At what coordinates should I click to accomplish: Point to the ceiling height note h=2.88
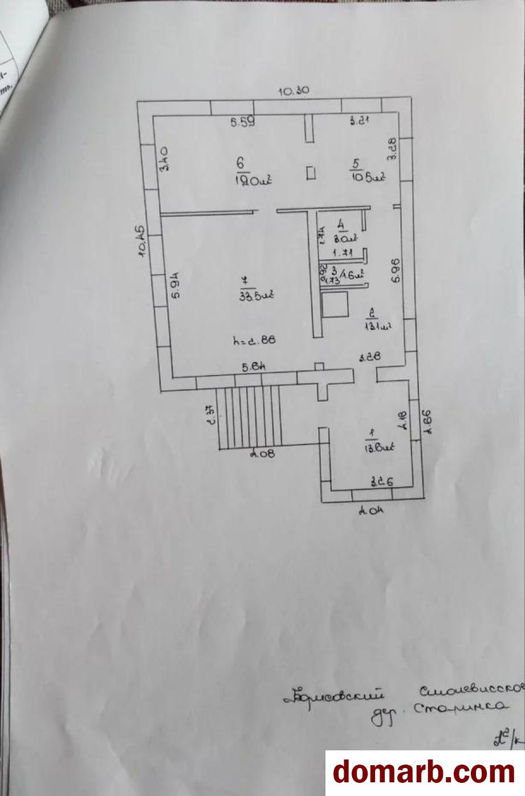tap(255, 341)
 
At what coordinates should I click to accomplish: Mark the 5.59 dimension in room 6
tap(242, 121)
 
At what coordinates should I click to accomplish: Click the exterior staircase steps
tap(249, 417)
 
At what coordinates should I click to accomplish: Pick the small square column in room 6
tap(311, 173)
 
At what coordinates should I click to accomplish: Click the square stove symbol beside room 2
tap(335, 305)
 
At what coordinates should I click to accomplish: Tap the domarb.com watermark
tap(424, 772)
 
